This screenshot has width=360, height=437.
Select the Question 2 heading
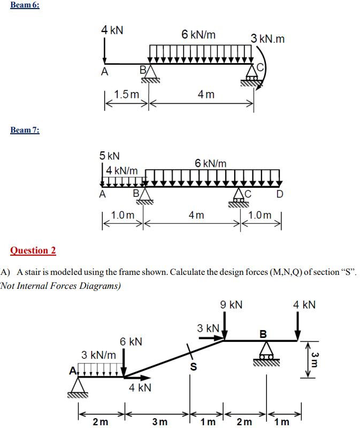(33, 250)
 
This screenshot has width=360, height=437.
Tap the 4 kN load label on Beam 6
(112, 30)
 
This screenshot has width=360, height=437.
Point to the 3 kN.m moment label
(267, 39)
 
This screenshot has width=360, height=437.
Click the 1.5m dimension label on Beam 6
(126, 95)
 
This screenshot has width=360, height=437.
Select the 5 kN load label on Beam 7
(110, 156)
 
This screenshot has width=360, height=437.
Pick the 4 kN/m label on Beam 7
(122, 170)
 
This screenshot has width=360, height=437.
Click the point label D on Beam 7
(280, 194)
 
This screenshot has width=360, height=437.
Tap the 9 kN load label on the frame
(231, 305)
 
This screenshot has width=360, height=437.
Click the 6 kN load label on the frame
(131, 341)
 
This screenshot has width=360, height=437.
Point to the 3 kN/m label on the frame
(98, 355)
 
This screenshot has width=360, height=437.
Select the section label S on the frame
(194, 367)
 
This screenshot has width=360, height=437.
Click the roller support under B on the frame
(265, 353)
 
